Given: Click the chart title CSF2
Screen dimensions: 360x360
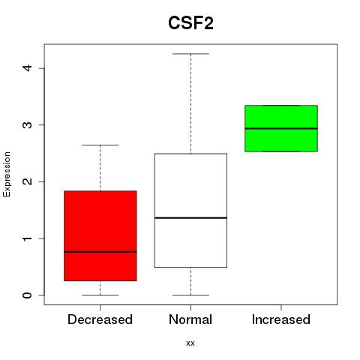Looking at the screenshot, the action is pos(190,23).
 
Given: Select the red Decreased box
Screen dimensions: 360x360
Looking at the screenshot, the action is pos(100,235).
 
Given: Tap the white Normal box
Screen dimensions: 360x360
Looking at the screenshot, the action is pos(190,211).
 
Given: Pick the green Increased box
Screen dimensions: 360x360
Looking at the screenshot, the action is pos(281,128).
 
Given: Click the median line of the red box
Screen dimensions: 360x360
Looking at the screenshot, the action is pos(100,252).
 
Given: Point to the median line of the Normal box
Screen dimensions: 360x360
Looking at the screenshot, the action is pos(190,217).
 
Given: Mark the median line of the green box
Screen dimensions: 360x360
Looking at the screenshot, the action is pos(281,128).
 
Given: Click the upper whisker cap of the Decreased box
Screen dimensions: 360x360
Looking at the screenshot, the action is pos(100,145).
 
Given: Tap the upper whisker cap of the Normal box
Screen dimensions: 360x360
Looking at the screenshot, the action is pos(190,54).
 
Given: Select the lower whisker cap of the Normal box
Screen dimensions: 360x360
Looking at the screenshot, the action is pos(190,295).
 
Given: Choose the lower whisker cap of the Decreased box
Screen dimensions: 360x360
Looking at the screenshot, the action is pos(100,295).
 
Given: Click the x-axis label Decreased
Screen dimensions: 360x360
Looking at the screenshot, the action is pos(100,319).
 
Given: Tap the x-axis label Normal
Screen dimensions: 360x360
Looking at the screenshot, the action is pos(190,319).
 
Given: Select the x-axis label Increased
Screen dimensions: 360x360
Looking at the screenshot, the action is pos(281,319).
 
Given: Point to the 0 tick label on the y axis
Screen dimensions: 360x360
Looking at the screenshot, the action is pos(28,295).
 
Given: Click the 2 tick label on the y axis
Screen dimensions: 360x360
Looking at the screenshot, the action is pos(28,181).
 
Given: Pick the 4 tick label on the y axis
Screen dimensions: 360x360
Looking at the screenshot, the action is pos(28,68).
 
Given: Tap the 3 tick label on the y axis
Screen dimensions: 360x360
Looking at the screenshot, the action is pos(28,124).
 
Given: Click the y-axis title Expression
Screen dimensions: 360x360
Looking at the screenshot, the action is pos(7,174).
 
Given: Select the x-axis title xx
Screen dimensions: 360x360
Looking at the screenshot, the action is pos(190,343).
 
